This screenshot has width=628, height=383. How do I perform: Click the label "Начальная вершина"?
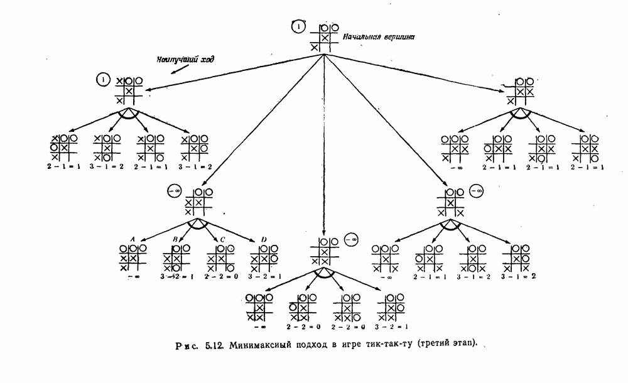click(x=379, y=37)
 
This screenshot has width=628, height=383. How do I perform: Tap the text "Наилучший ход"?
click(x=185, y=60)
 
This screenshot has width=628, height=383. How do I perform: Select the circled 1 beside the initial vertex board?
click(x=299, y=27)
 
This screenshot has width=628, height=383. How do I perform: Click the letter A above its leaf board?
click(x=133, y=239)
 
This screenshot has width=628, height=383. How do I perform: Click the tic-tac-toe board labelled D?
click(x=265, y=258)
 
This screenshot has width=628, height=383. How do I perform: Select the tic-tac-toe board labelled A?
click(x=133, y=258)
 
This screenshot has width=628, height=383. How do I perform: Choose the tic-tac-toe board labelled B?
click(x=176, y=258)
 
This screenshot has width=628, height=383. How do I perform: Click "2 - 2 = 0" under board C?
click(x=220, y=276)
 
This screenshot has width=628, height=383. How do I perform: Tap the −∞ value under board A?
click(x=133, y=276)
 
